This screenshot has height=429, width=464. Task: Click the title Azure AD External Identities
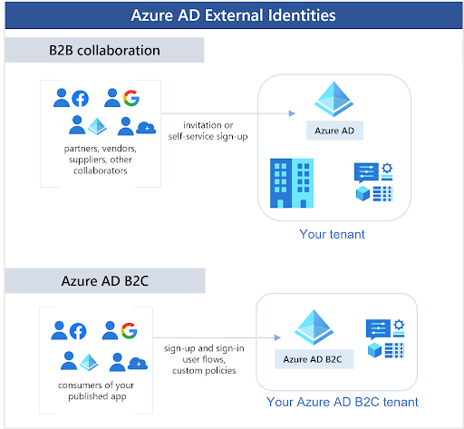tap(232, 16)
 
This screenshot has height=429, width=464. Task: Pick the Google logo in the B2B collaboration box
tap(130, 98)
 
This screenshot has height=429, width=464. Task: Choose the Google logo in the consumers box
tap(130, 331)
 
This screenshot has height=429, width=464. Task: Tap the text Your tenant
tap(332, 234)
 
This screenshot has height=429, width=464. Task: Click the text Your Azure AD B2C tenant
tap(343, 402)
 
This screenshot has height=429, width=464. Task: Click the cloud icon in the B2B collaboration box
tap(145, 129)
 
